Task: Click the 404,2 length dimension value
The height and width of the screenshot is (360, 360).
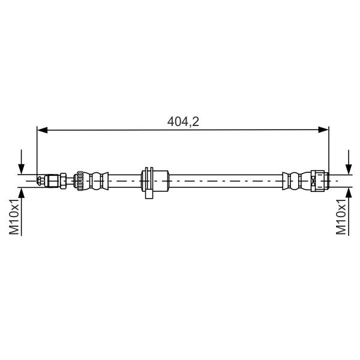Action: click(183, 122)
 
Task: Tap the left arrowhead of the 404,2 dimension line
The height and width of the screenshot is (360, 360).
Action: click(43, 130)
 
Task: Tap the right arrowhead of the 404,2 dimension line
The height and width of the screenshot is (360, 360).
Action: click(323, 130)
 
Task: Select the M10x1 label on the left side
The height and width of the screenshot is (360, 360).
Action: click(14, 217)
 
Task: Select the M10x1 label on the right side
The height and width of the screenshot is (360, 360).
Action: click(341, 217)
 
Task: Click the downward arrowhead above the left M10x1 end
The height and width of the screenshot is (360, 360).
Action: click(22, 169)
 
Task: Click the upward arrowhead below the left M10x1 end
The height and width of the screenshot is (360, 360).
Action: click(22, 193)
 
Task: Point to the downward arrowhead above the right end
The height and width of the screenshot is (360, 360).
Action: click(349, 169)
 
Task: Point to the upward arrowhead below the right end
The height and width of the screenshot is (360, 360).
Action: click(349, 193)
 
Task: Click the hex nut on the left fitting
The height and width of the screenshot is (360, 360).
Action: click(63, 181)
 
